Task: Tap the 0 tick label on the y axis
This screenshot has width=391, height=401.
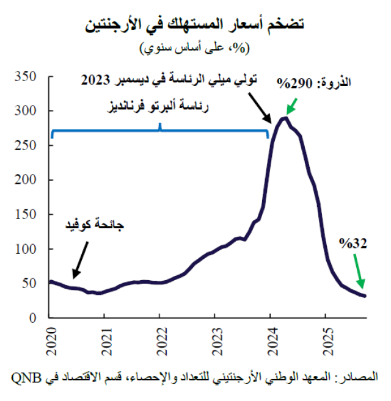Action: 35,317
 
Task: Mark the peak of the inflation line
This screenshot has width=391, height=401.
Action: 284,118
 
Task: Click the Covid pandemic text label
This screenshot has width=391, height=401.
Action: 95,226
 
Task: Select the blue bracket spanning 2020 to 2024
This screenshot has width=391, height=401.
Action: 160,131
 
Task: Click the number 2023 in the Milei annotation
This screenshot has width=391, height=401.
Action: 97,80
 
